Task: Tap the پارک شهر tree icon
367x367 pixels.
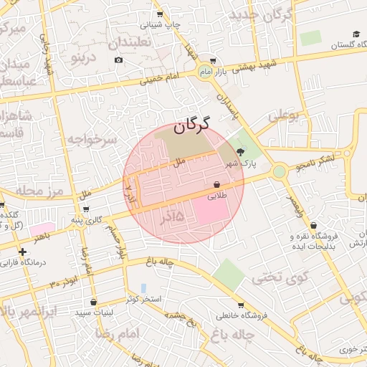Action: tap(239, 151)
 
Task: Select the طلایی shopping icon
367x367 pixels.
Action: tap(216, 183)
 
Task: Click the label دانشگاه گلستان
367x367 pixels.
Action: tap(337, 46)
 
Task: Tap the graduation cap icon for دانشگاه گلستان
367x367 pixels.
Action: tap(356, 34)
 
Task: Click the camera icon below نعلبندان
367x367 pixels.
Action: tap(118, 59)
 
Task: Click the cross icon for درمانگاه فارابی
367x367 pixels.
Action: tap(23, 252)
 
